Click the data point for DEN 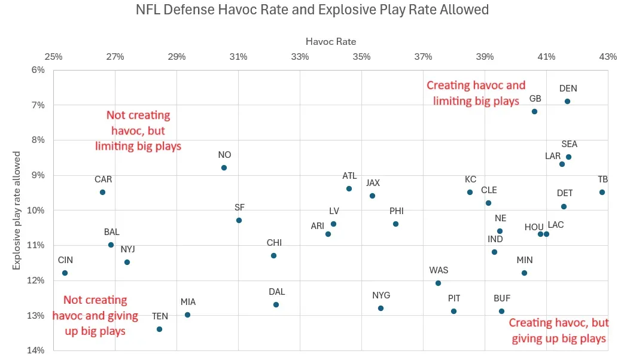click(x=567, y=102)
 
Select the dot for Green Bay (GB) click(x=534, y=112)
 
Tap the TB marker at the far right click(x=602, y=193)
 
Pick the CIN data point click(x=65, y=273)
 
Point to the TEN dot click(x=159, y=330)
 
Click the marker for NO click(x=224, y=168)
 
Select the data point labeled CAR click(x=102, y=193)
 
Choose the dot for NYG click(x=381, y=309)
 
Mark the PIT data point click(x=453, y=312)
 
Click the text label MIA click(x=188, y=302)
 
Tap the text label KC click(x=470, y=179)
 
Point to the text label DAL click(x=276, y=292)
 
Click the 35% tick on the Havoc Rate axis click(x=361, y=57)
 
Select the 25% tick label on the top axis click(x=53, y=57)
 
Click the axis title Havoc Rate click(x=331, y=42)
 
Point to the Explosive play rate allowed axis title click(x=18, y=209)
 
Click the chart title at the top click(x=312, y=10)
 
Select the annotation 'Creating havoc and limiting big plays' click(x=476, y=93)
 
